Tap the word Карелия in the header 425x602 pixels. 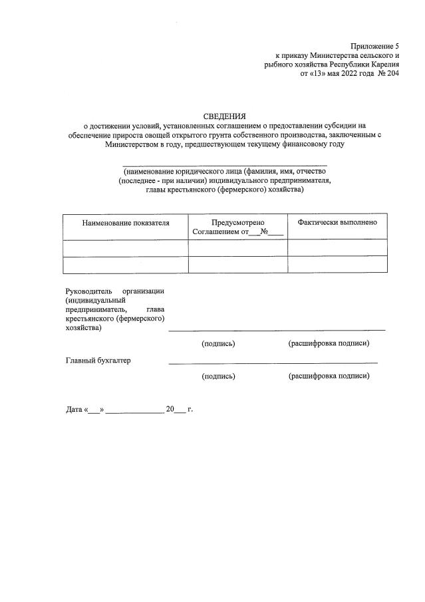point(382,64)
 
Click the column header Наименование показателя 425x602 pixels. point(125,223)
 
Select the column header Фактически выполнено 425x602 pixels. point(337,222)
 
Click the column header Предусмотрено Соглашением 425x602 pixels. point(237,227)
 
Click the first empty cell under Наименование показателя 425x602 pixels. point(125,248)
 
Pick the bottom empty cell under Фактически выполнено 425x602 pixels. point(337,265)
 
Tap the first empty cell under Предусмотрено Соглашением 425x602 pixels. point(237,248)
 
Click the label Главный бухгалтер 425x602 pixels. point(98,361)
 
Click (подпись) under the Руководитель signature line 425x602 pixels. point(218,344)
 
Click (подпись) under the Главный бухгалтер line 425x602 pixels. point(218,376)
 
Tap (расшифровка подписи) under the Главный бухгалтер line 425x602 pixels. point(329,376)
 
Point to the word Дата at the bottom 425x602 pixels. point(73,409)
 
